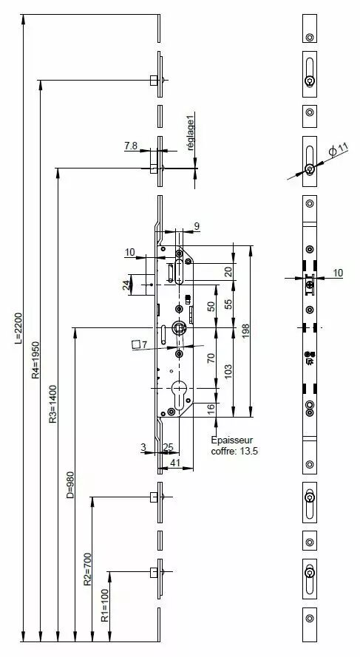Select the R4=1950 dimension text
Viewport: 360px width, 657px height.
tap(36, 360)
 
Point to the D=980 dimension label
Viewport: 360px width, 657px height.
tap(70, 485)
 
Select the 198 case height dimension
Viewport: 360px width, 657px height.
tap(246, 331)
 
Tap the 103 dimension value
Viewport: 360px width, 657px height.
tap(228, 372)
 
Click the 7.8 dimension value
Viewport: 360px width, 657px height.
tap(131, 146)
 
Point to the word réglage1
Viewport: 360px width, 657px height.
tap(191, 135)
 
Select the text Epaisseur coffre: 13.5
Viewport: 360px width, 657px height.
tap(233, 446)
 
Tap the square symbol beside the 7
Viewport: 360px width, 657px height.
tap(136, 344)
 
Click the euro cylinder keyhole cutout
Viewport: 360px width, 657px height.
tap(179, 395)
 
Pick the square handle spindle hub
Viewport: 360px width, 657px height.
tap(179, 327)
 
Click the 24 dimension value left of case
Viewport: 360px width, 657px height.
tap(126, 285)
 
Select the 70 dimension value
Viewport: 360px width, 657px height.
tap(211, 358)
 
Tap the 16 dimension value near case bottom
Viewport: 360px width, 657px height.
tap(211, 407)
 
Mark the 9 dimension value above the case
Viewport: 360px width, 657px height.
tap(197, 227)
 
